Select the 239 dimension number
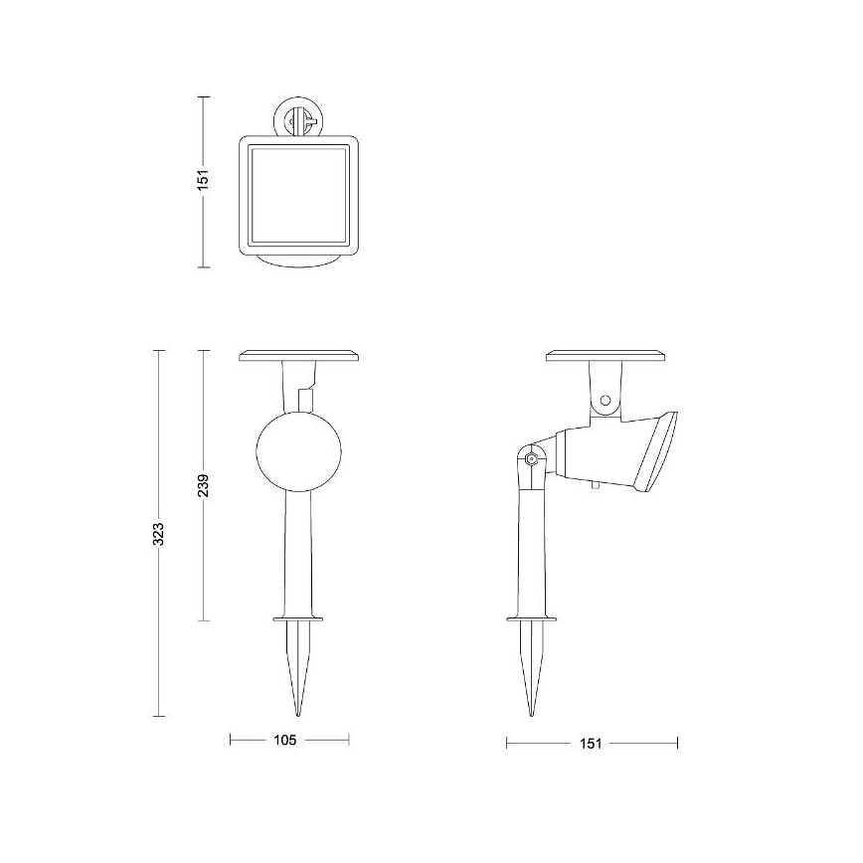204,485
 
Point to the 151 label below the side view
591,743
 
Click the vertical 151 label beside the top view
203,182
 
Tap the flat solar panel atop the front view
299,355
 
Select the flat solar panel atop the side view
605,355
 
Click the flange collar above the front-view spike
299,617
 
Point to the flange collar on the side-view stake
534,617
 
